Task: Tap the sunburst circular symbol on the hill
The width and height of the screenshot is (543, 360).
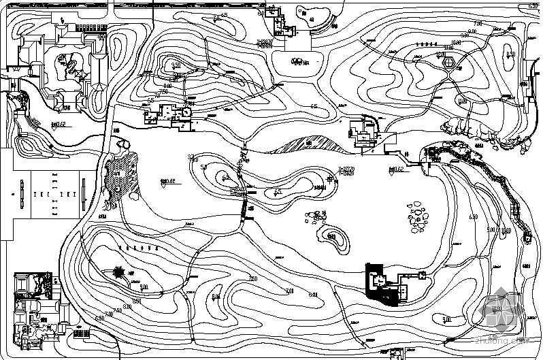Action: (x=119, y=272)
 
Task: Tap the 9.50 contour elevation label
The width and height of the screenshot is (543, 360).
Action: (x=176, y=65)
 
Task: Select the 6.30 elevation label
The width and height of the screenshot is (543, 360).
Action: (x=533, y=6)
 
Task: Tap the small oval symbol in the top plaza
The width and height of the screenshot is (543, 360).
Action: (x=297, y=61)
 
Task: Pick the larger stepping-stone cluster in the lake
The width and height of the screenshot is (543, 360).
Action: (x=417, y=214)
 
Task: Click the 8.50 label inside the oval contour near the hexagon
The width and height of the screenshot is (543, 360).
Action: (x=511, y=54)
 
